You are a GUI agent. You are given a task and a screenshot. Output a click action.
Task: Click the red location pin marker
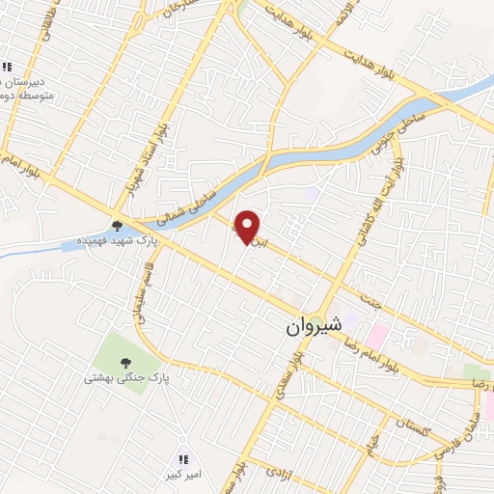click(248, 227)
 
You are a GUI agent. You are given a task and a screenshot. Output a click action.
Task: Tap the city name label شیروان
click(313, 326)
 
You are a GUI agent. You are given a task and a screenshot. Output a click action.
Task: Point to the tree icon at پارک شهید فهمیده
click(117, 225)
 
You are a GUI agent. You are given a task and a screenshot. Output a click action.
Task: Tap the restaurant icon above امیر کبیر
click(183, 457)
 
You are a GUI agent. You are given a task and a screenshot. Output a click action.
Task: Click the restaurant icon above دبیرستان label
click(7, 67)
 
